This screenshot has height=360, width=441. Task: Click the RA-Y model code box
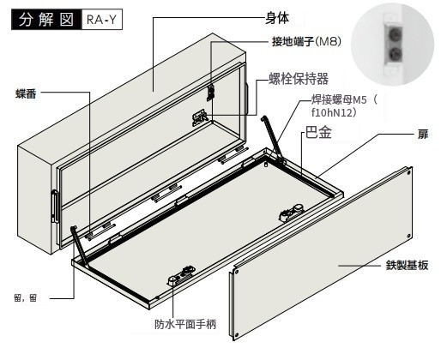pyautogui.click(x=102, y=20)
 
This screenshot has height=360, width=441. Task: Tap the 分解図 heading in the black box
pyautogui.click(x=46, y=20)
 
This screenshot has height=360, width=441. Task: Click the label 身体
pyautogui.click(x=277, y=18)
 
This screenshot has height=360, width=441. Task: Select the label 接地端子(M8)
pyautogui.click(x=306, y=42)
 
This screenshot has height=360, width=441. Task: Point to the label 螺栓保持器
pyautogui.click(x=299, y=79)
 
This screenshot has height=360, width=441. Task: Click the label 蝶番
pyautogui.click(x=26, y=93)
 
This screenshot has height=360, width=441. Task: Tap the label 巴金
pyautogui.click(x=318, y=133)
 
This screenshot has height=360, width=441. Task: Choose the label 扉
pyautogui.click(x=423, y=134)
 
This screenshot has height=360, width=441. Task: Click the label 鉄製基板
pyautogui.click(x=407, y=265)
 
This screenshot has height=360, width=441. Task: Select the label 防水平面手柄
pyautogui.click(x=185, y=324)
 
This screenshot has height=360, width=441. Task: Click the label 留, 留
pyautogui.click(x=26, y=298)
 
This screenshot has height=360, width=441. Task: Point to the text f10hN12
pyautogui.click(x=334, y=113)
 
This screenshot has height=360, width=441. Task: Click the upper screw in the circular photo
pyautogui.click(x=395, y=35)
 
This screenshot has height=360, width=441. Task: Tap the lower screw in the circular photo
pyautogui.click(x=395, y=52)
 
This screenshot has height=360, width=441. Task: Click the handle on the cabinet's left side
pyautogui.click(x=55, y=207)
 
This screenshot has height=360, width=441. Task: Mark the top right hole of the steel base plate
pyautogui.click(x=408, y=173)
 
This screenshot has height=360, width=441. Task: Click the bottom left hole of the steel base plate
pyautogui.click(x=237, y=335)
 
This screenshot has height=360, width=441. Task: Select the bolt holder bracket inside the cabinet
pyautogui.click(x=200, y=117)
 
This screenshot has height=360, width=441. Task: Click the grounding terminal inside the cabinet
pyautogui.click(x=210, y=93)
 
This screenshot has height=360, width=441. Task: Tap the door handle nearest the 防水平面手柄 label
pyautogui.click(x=182, y=275)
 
